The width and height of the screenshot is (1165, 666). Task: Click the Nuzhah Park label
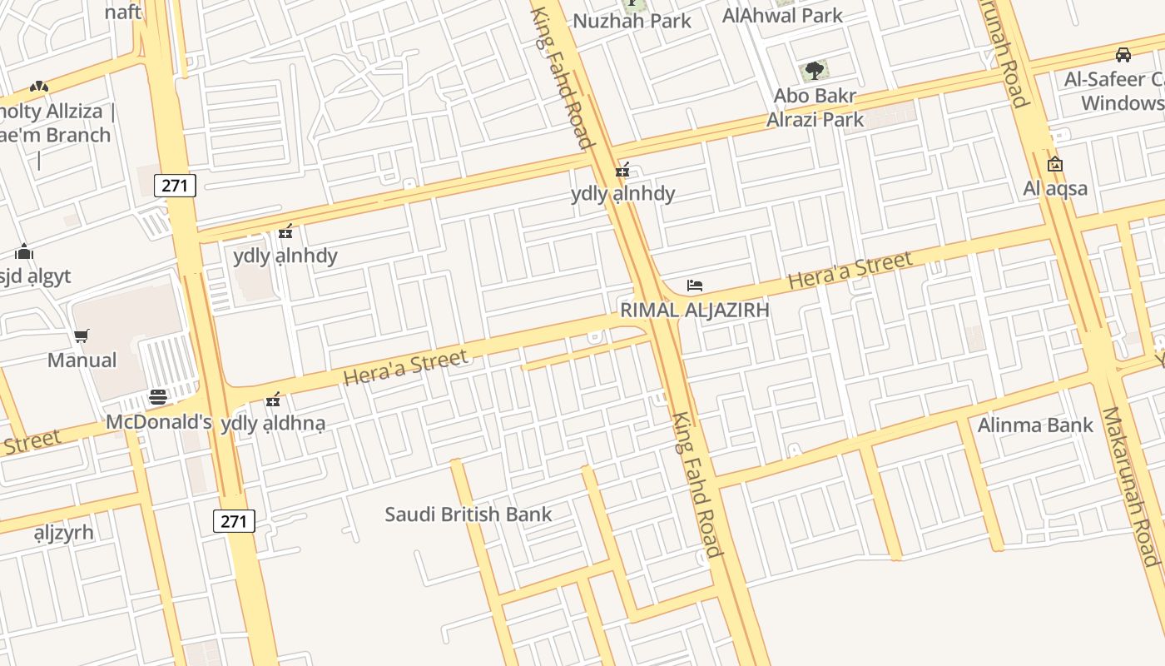click(632, 21)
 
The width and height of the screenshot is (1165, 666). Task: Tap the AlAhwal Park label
click(782, 15)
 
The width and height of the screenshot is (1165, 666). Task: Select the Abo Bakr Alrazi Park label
click(815, 107)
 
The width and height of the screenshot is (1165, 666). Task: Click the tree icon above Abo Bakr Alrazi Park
click(815, 71)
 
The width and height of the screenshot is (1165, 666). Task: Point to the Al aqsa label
click(1055, 188)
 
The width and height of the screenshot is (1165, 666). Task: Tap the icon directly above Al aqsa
click(1055, 164)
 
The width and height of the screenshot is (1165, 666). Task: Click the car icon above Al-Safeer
click(1123, 55)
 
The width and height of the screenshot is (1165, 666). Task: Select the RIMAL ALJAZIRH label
click(694, 310)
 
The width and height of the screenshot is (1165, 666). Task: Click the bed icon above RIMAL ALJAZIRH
click(695, 286)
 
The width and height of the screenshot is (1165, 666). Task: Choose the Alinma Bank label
click(1035, 425)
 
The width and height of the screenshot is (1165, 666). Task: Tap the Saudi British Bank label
click(468, 514)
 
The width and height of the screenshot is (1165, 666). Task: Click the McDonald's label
click(158, 422)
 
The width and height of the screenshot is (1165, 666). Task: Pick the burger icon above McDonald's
click(158, 397)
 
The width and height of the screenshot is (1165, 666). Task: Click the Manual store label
click(82, 360)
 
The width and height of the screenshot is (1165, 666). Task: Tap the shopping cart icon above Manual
click(82, 336)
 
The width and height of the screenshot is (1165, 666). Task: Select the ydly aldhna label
click(273, 423)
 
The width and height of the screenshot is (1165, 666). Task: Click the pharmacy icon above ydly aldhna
click(273, 400)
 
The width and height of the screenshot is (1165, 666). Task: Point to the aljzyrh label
click(64, 533)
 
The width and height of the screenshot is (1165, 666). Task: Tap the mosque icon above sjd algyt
click(24, 251)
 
